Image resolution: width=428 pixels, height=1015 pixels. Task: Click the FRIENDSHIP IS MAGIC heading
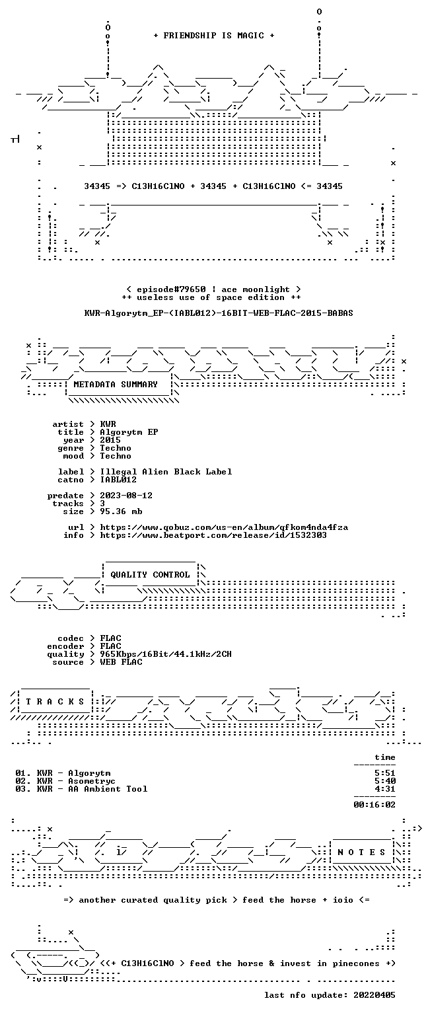click(214, 35)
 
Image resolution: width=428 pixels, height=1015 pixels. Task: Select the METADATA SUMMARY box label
click(116, 384)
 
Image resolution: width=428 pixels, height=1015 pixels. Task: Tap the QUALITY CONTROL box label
click(150, 574)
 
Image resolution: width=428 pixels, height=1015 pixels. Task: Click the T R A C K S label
click(55, 701)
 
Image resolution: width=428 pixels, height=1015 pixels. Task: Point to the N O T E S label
click(361, 852)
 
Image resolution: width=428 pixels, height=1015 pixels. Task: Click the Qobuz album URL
click(224, 527)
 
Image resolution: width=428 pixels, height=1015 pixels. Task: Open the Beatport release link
click(213, 535)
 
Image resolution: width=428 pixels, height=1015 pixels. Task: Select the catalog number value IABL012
click(118, 479)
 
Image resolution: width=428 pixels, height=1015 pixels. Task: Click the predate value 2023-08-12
click(126, 496)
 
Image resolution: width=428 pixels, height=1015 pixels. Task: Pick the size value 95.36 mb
click(121, 511)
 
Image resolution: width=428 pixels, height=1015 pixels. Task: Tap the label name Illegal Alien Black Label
click(166, 472)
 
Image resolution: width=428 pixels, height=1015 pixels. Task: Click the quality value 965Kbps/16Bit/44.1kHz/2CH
click(166, 654)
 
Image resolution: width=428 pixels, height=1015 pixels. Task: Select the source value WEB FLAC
click(121, 662)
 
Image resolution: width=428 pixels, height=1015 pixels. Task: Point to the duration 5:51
click(385, 773)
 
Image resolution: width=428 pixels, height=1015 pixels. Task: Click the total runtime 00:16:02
click(374, 805)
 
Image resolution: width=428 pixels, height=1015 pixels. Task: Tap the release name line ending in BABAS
click(219, 313)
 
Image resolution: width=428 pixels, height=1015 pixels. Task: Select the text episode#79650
click(171, 289)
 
